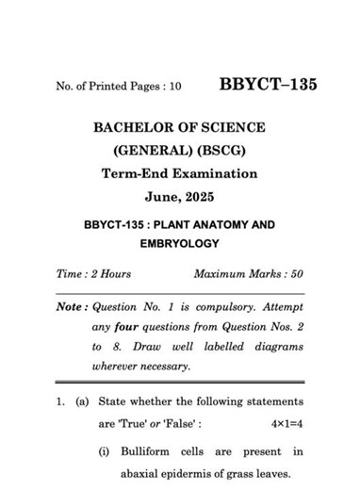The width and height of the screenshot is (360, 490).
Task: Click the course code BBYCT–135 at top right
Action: [x=269, y=85]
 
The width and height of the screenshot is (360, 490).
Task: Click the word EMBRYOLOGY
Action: [x=179, y=244]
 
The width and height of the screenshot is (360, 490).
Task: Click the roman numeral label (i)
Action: [x=106, y=451]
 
